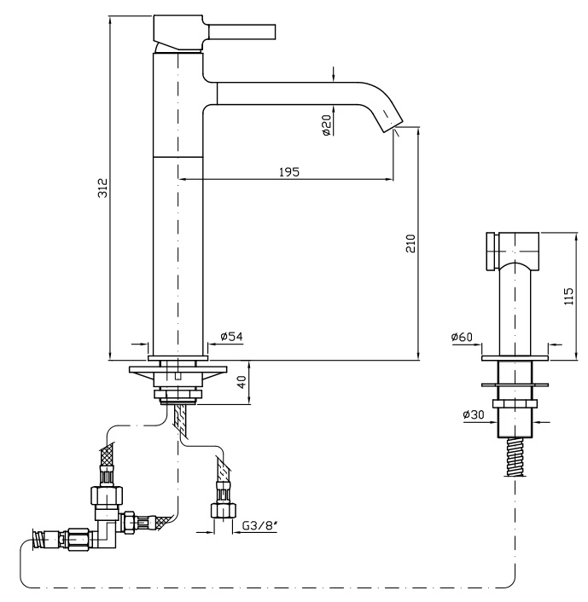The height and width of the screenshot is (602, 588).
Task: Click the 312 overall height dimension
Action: coord(101,188)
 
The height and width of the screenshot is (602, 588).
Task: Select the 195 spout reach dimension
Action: coord(288,171)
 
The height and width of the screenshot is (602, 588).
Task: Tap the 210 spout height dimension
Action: coord(410,245)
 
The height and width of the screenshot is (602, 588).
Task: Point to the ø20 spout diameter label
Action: coord(326,127)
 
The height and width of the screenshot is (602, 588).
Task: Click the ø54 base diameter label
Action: coord(231,337)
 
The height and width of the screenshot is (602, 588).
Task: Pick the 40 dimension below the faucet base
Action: coord(241,383)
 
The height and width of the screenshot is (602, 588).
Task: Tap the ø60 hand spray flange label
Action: coord(461,338)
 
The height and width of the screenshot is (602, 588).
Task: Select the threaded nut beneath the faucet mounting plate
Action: coord(177,394)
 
